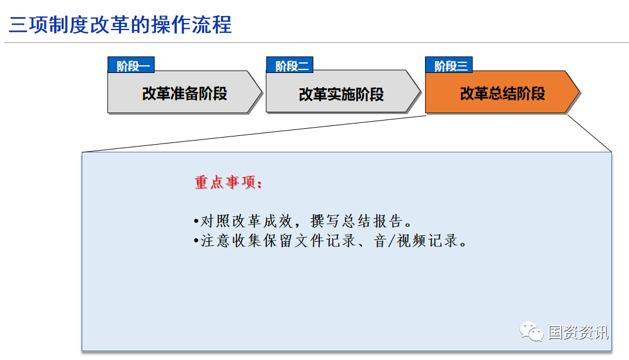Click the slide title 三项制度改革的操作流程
click(120, 25)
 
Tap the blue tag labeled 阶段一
click(131, 65)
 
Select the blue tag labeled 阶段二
click(290, 65)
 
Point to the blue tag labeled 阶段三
click(449, 65)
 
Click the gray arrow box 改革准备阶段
click(185, 92)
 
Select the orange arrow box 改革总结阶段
click(502, 92)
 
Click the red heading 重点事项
click(228, 182)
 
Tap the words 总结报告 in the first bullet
click(373, 221)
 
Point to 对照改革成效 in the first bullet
click(247, 221)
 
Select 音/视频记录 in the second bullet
click(416, 241)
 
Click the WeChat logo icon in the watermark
click(531, 332)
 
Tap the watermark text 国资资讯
click(578, 332)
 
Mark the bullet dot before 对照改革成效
click(196, 221)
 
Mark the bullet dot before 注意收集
click(196, 241)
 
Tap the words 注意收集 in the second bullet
click(232, 241)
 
